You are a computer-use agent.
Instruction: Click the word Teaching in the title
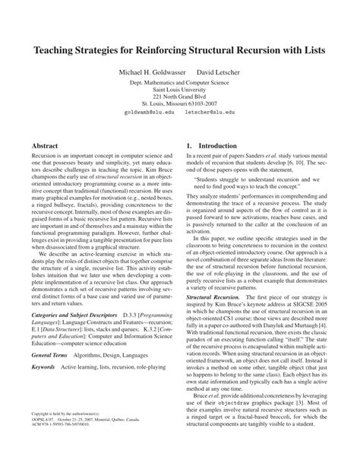58,53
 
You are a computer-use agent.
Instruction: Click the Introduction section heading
220,142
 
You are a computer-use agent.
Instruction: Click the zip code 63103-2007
204,104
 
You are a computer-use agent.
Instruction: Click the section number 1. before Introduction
189,142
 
